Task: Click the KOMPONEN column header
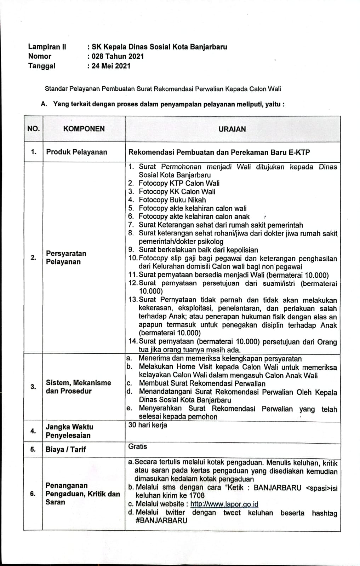[x=84, y=129]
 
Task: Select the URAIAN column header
[x=232, y=129]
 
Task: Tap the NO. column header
[x=33, y=129]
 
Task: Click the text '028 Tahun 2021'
[x=118, y=56]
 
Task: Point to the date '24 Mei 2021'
[x=111, y=66]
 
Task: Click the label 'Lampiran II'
[x=47, y=47]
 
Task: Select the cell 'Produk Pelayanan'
[x=76, y=152]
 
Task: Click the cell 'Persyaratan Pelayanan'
[x=66, y=258]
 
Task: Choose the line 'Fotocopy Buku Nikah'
[x=172, y=200]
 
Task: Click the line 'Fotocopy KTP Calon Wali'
[x=179, y=183]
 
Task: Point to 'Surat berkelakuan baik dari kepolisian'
[x=198, y=250]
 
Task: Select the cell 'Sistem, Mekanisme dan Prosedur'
[x=78, y=387]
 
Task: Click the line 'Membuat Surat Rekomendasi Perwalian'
[x=202, y=383]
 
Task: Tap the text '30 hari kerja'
[x=148, y=425]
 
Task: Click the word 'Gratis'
[x=138, y=446]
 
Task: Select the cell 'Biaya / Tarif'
[x=66, y=450]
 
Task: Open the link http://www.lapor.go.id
[x=224, y=504]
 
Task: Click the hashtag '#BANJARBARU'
[x=161, y=521]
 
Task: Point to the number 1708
[x=196, y=496]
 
